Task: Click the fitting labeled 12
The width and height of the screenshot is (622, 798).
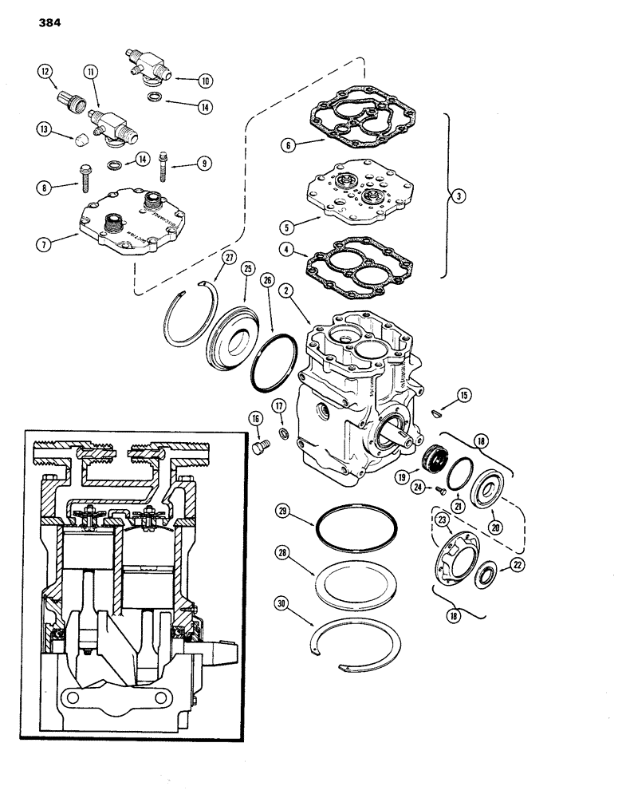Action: point(65,103)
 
